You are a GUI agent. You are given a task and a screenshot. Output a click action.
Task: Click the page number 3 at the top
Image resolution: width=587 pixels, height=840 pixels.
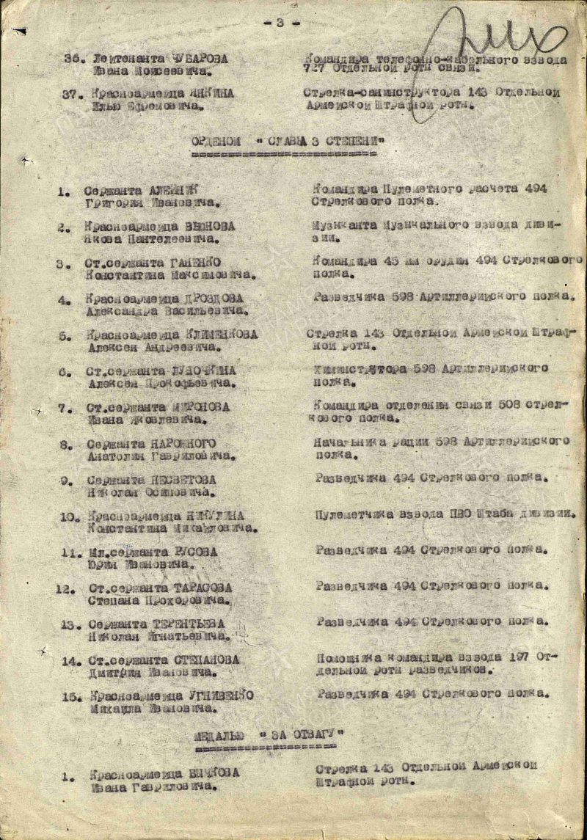tap(280, 23)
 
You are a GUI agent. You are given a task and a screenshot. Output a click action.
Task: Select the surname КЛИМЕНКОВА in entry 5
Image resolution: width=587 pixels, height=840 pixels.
tap(216, 335)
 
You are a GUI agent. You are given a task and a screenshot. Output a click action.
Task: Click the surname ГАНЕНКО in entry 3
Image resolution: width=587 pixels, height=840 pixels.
tap(198, 263)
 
